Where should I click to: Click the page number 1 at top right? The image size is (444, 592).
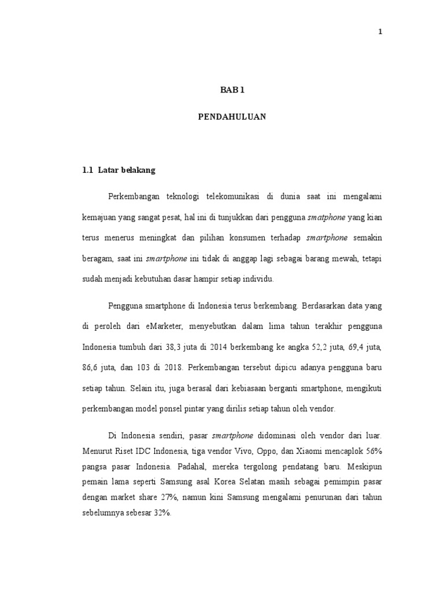[x=380, y=32]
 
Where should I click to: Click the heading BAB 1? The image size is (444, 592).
[x=232, y=90]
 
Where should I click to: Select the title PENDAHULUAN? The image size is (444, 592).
[x=232, y=116]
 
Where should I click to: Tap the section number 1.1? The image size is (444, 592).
[x=88, y=171]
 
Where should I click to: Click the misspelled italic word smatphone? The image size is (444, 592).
[x=327, y=217]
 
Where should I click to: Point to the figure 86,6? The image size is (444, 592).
[x=92, y=367]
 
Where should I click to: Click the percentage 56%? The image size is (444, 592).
[x=371, y=449]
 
